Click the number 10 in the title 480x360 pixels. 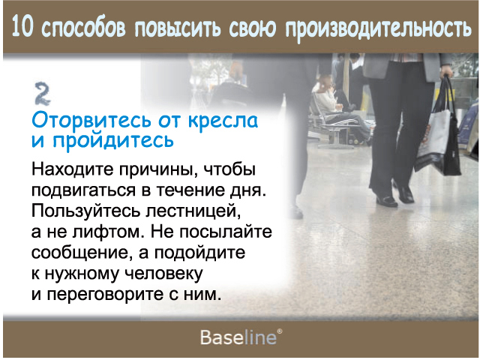22,27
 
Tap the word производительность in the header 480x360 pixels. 378,29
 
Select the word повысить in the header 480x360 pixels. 178,28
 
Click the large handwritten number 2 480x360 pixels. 42,94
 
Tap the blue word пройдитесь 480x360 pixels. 113,141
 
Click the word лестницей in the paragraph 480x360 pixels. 193,211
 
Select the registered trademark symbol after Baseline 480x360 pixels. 280,331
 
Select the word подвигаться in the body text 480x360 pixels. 83,190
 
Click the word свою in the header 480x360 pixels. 253,28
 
